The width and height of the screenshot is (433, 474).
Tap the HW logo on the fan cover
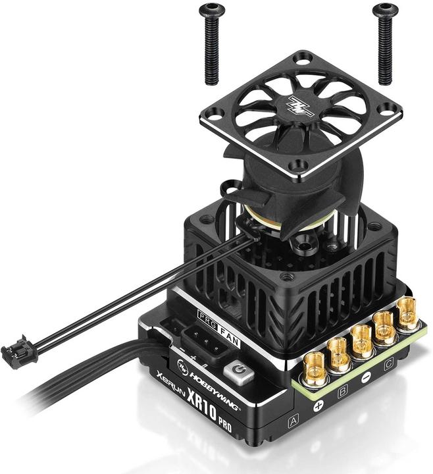tap(300, 105)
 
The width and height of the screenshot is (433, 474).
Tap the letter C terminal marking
tap(389, 361)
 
